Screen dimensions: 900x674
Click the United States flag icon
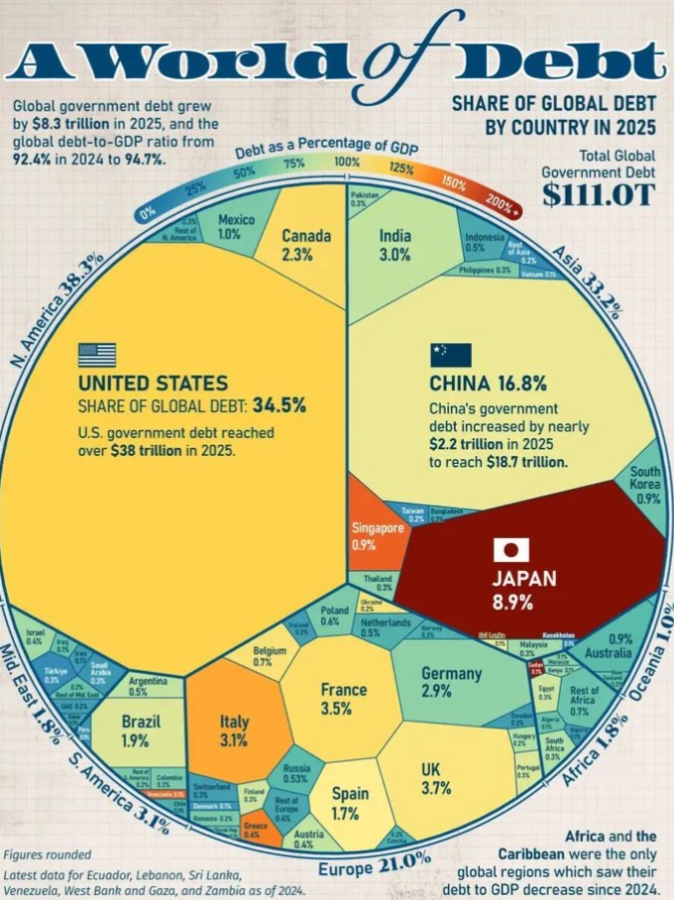[x=97, y=355]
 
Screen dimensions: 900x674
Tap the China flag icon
[x=450, y=355]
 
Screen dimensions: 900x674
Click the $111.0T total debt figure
[x=598, y=194]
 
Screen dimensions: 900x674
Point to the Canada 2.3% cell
[x=297, y=244]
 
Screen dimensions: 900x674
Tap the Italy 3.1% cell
[x=234, y=730]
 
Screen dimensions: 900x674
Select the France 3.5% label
[x=343, y=699]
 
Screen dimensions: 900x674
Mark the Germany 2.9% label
[x=451, y=681]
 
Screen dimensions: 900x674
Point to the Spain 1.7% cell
[x=350, y=804]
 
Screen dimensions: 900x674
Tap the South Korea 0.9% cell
[x=645, y=486]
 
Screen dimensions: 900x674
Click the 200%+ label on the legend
[x=504, y=205]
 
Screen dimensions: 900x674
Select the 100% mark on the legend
[x=347, y=162]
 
